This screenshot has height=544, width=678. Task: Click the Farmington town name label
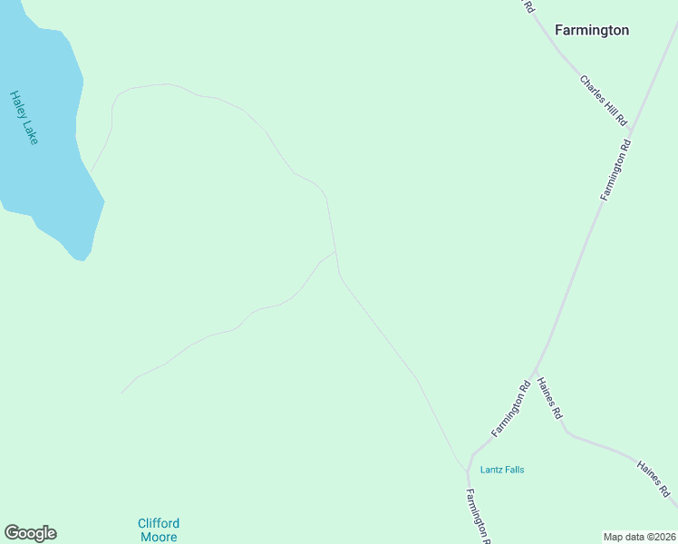pos(591,30)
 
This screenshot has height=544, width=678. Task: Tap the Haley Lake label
pos(24,117)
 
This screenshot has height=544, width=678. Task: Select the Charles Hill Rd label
pos(603,100)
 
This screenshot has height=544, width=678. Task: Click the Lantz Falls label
pos(502,470)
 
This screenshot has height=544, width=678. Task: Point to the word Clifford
pos(159,523)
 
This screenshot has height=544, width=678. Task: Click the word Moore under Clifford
pos(159,537)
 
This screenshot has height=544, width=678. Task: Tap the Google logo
pos(30,533)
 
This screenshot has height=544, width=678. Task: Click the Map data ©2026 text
pos(640,537)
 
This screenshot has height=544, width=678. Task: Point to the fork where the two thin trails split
pos(336,252)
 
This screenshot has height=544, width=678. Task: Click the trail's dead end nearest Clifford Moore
pos(121,393)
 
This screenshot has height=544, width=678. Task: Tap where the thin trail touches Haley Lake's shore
pos(91,170)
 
